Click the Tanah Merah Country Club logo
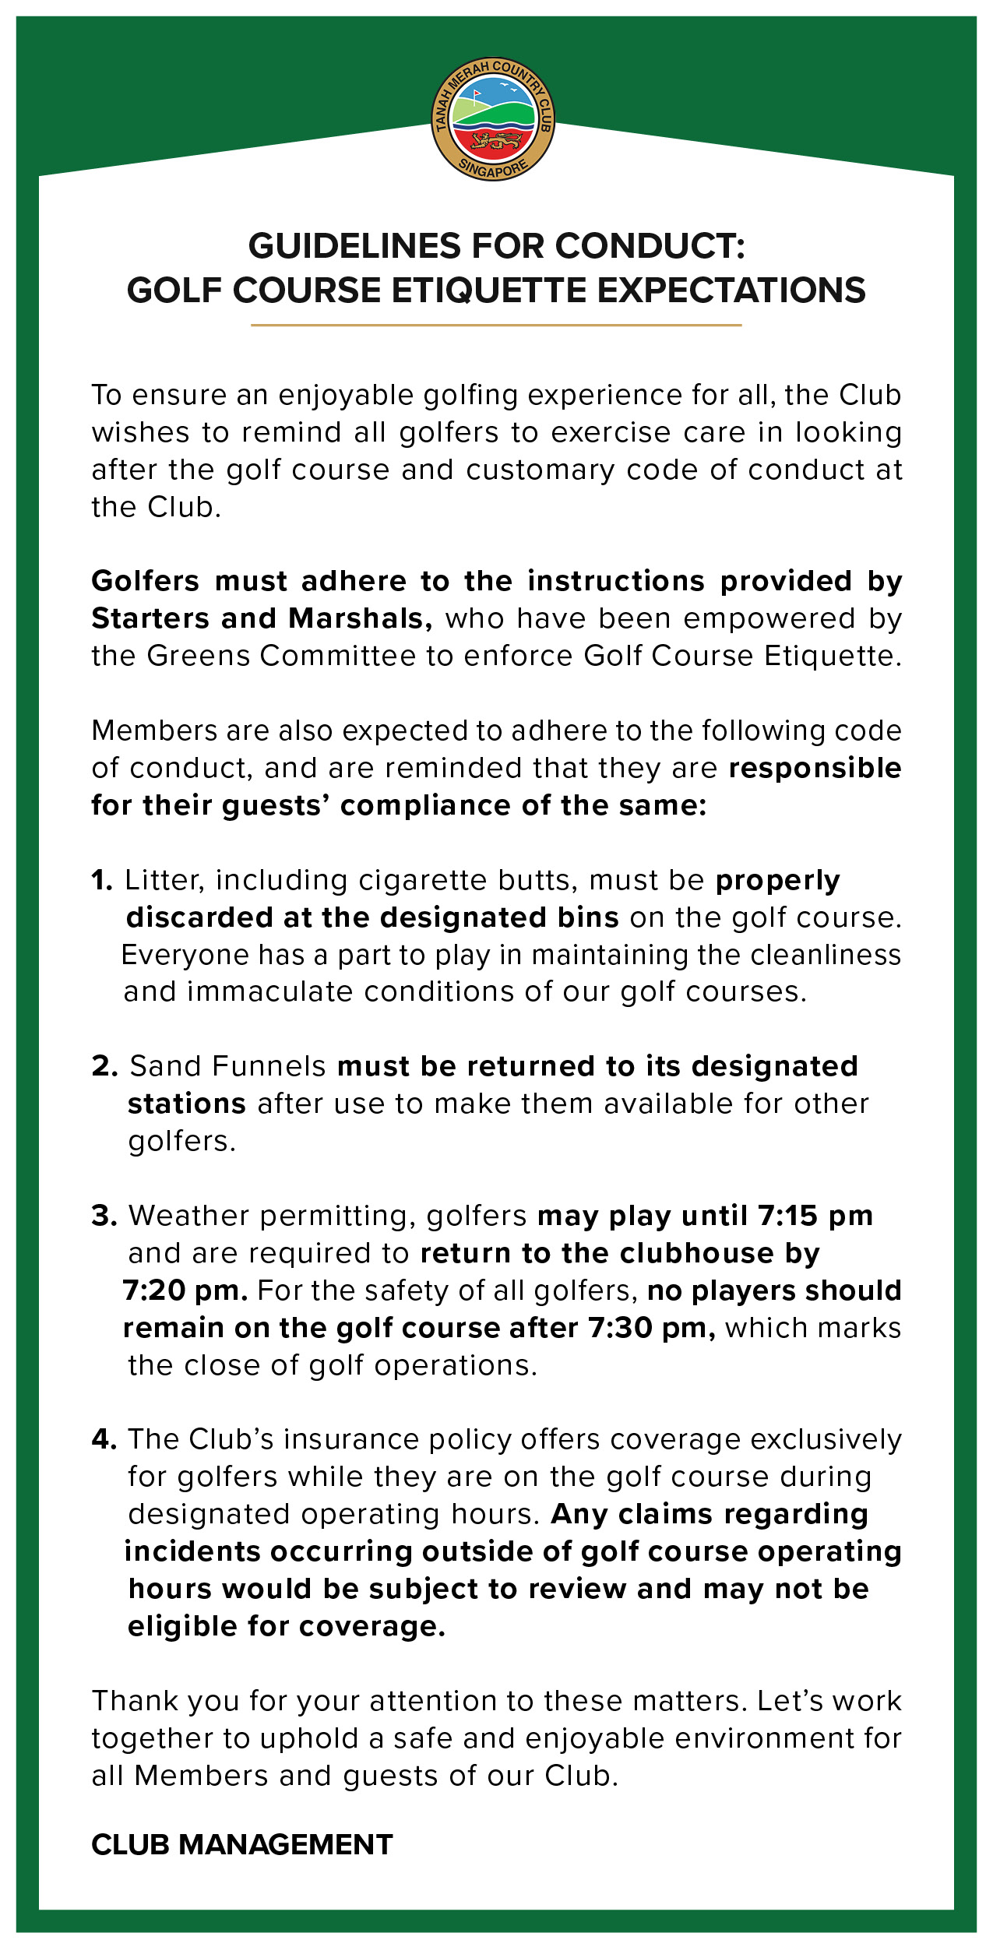[493, 119]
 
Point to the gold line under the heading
[495, 325]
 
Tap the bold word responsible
[815, 768]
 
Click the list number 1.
[101, 880]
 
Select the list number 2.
[104, 1066]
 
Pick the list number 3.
[104, 1216]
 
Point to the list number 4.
[104, 1439]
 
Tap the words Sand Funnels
[227, 1066]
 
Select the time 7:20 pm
[185, 1290]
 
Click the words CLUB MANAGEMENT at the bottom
[242, 1844]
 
